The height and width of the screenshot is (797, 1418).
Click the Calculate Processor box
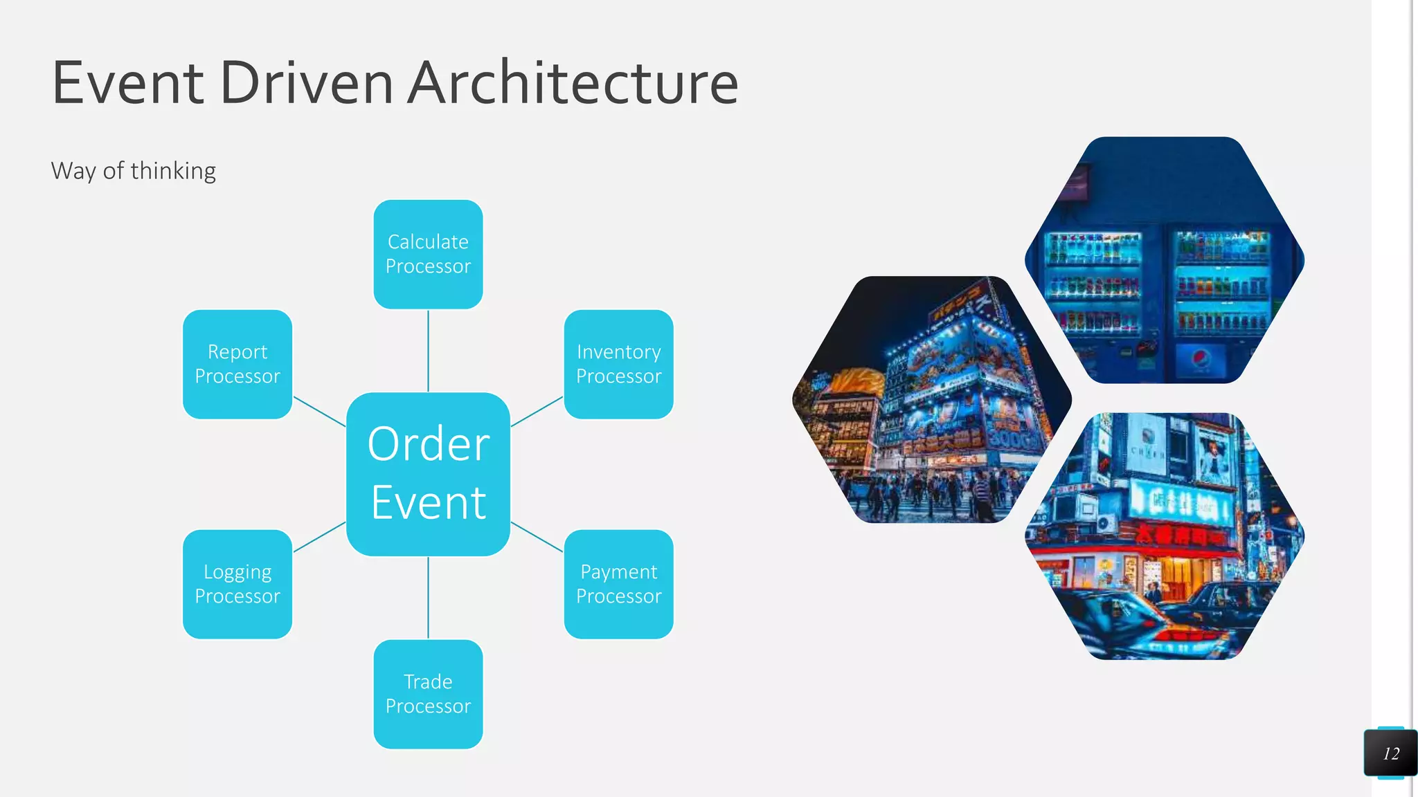428,254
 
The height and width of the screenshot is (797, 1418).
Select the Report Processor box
237,364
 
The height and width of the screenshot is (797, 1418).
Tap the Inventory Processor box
618,364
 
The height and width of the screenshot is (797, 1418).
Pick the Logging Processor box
237,584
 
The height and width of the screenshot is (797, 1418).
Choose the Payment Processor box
618,584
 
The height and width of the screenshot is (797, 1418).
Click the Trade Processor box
428,694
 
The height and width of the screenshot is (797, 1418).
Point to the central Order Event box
428,474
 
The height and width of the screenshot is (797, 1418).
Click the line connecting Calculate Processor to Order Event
428,350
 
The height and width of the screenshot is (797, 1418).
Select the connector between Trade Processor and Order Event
428,598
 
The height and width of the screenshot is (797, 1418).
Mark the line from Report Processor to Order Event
319,411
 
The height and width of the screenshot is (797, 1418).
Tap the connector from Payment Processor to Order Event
537,537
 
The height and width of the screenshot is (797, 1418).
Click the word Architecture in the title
573,83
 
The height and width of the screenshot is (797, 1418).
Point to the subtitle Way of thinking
133,171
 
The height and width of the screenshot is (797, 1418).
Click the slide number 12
1391,753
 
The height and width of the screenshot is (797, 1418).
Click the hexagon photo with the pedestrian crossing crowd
931,400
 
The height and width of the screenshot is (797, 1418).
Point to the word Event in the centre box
428,503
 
